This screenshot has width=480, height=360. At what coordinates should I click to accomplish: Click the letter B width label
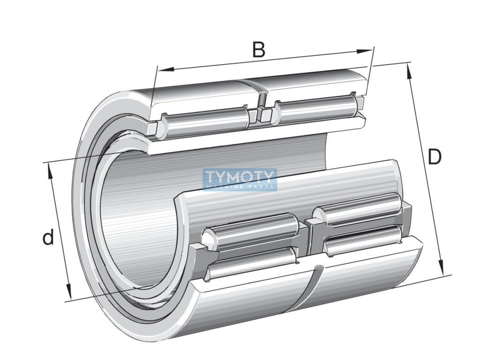click(x=258, y=49)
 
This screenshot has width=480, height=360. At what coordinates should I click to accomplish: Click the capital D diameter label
click(x=435, y=157)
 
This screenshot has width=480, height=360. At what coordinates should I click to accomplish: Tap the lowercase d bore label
click(x=48, y=238)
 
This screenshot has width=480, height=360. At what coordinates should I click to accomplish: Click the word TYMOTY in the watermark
click(x=240, y=177)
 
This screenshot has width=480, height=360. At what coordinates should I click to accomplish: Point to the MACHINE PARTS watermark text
click(x=240, y=187)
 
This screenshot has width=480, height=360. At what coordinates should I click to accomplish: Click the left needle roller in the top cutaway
click(x=206, y=120)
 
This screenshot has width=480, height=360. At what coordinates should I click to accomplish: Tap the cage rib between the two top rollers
click(x=260, y=114)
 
